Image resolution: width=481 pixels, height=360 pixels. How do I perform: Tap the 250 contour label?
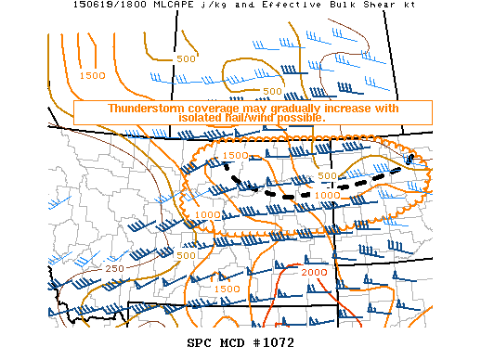(x=113, y=268)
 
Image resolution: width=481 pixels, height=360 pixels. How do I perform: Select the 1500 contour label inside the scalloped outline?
(x=236, y=155)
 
